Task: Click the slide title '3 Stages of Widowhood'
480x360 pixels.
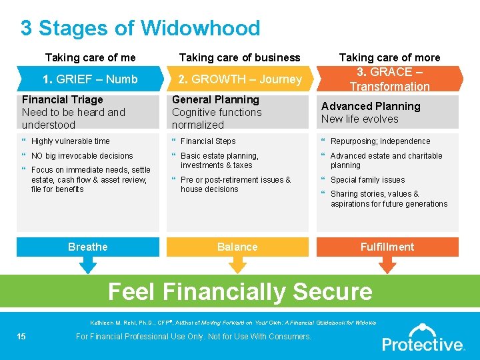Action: coord(140,28)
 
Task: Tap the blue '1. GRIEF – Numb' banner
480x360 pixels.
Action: coord(90,79)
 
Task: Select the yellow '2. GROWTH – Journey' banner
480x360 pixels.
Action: coord(240,79)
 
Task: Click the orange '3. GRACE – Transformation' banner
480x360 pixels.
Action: coord(390,79)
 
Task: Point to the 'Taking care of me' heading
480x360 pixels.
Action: coord(90,57)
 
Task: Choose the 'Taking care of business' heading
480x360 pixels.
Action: coord(240,57)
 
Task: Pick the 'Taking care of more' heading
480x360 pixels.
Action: coord(390,57)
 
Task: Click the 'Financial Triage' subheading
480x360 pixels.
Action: coord(63,100)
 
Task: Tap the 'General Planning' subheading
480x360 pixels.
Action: coord(215,100)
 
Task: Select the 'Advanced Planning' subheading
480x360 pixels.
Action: coord(371,106)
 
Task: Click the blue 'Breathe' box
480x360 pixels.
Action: coord(87,247)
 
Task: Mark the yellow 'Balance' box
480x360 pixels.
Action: coord(237,247)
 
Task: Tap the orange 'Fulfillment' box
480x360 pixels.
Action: coord(387,247)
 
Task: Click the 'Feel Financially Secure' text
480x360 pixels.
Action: coord(240,292)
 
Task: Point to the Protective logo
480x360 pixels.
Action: coord(423,338)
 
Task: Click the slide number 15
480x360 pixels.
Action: coord(21,337)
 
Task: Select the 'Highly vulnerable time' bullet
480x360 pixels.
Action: coord(70,141)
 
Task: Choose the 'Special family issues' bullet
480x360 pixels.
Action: coord(367,180)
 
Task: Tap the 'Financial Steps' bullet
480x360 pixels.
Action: coord(207,141)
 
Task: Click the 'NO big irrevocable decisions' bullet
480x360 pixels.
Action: coord(82,156)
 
